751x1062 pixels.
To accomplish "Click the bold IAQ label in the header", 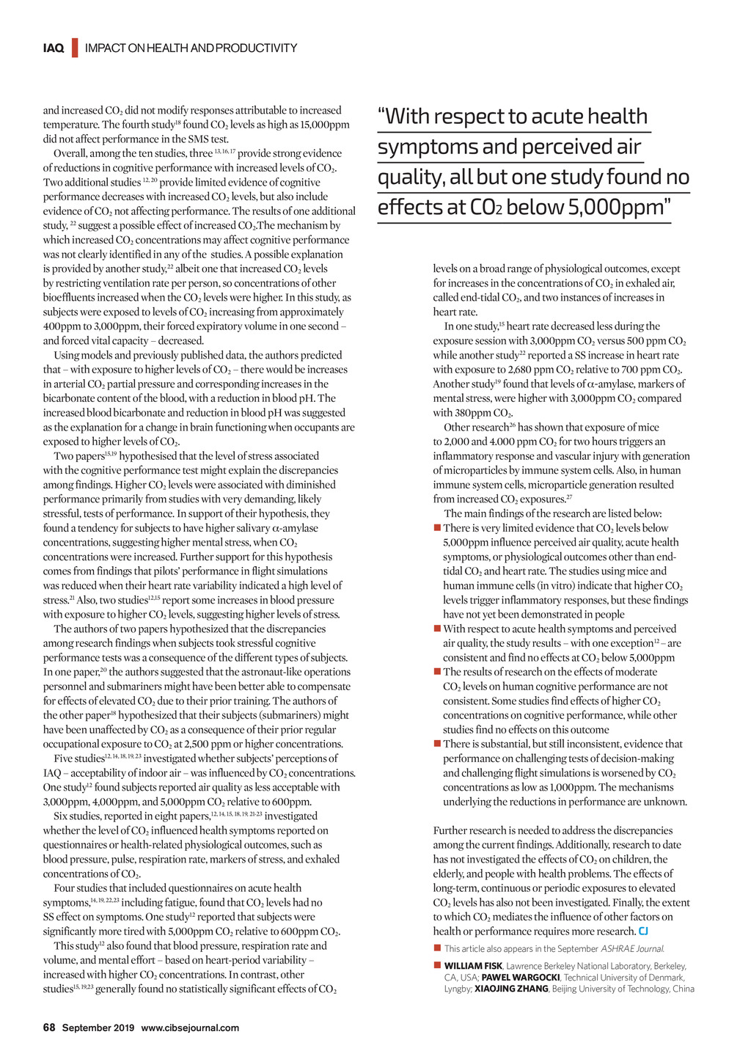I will tap(54, 48).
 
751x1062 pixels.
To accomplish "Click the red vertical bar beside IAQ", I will tap(74, 48).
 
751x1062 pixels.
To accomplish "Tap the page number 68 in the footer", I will tap(49, 1028).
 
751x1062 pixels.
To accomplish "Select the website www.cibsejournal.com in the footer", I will tap(190, 1028).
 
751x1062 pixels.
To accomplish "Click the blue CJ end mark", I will tap(643, 931).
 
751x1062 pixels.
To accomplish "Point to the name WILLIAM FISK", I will tap(473, 966).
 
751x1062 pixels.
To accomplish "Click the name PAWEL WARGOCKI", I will tap(521, 978).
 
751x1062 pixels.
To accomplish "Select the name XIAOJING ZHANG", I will tap(511, 989).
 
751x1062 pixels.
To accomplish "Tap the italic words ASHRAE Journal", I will tap(632, 949).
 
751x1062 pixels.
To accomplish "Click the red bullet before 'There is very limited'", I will tap(437, 528).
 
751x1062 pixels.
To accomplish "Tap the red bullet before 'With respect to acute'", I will tap(437, 629).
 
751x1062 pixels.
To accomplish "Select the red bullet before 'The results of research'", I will tap(437, 672).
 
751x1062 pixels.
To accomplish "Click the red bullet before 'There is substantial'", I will tap(437, 744).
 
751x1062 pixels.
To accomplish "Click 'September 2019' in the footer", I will tap(98, 1028).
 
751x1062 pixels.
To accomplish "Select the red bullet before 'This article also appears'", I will tap(437, 949).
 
